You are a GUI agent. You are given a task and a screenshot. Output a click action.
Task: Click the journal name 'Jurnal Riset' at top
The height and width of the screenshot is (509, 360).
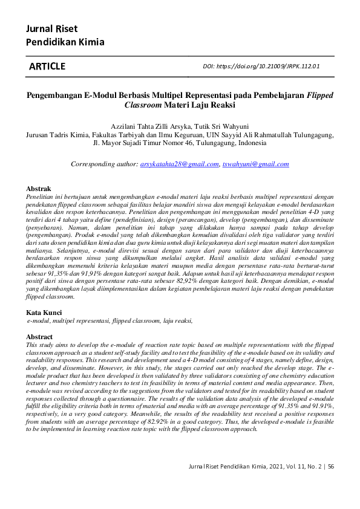[x=51, y=28]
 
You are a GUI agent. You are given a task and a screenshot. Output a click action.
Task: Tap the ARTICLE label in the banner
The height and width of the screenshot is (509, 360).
[x=47, y=66]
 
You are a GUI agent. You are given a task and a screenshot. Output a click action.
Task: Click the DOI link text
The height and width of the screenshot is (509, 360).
[x=261, y=66]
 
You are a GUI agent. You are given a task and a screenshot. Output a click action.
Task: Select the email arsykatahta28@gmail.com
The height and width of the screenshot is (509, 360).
[x=179, y=164]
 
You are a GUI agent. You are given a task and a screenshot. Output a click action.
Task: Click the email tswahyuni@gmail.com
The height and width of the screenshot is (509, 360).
[x=255, y=164]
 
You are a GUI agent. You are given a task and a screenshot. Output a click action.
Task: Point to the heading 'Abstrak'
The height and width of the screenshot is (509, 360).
[x=38, y=189]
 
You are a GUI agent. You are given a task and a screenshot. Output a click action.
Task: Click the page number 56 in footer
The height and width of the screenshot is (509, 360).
[x=331, y=466]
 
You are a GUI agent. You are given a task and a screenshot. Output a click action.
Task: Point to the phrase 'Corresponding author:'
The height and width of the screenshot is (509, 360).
[x=104, y=164]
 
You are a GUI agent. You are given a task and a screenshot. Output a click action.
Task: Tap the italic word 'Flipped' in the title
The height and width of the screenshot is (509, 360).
[x=319, y=95]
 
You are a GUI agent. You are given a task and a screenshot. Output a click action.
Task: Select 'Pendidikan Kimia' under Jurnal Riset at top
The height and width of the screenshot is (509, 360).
[x=65, y=42]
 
